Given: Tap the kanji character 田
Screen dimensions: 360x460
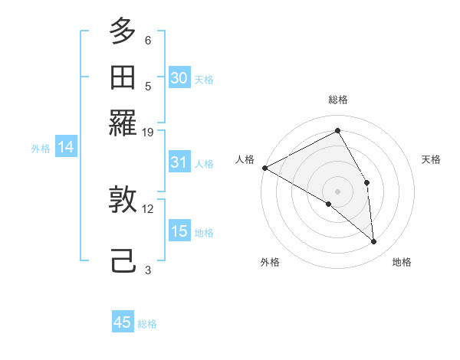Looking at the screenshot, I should [123, 77].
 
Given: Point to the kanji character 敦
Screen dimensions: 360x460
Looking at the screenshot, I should [123, 201].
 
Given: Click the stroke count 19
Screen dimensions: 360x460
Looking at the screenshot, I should [149, 132].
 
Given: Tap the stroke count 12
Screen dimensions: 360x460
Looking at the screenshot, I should [149, 208].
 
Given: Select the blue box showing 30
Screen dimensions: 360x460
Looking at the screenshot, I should [179, 78].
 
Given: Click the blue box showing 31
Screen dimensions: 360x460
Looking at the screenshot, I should [179, 162].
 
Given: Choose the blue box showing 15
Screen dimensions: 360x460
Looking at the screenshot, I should [179, 231].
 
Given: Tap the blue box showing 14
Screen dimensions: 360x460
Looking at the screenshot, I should [65, 148].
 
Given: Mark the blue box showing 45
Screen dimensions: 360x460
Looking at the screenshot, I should [123, 322].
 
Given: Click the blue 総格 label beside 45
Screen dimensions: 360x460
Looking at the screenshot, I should [147, 324].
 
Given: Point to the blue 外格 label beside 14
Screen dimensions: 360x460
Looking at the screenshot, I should [41, 149].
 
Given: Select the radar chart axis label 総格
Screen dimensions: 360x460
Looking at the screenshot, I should [338, 100].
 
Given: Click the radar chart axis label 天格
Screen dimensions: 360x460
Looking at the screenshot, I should [432, 159].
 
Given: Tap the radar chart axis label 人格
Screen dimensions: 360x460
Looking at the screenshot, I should [245, 159].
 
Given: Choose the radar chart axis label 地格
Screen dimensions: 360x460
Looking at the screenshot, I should [402, 262].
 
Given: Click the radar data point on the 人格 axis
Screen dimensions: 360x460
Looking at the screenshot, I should [264, 168].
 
